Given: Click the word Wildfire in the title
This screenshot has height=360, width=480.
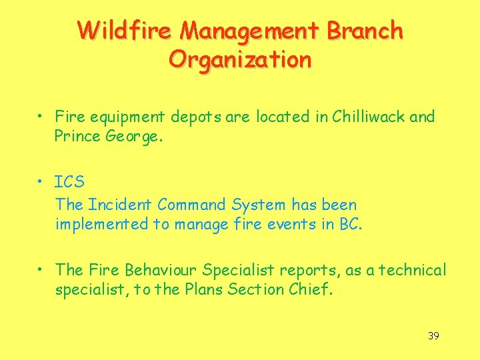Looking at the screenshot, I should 127,31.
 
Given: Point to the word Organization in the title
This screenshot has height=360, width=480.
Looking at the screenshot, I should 240,59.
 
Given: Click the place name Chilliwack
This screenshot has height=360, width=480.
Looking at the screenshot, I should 371,117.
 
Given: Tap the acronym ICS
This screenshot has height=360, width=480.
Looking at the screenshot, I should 69,182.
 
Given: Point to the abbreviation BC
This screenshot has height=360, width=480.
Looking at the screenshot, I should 349,224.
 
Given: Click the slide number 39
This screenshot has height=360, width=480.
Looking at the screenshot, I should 433,335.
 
